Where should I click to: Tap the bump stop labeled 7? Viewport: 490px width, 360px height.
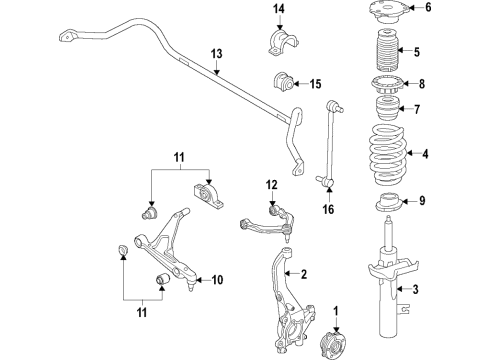[x=384, y=109]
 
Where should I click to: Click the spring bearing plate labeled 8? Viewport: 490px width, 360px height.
[x=387, y=85]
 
